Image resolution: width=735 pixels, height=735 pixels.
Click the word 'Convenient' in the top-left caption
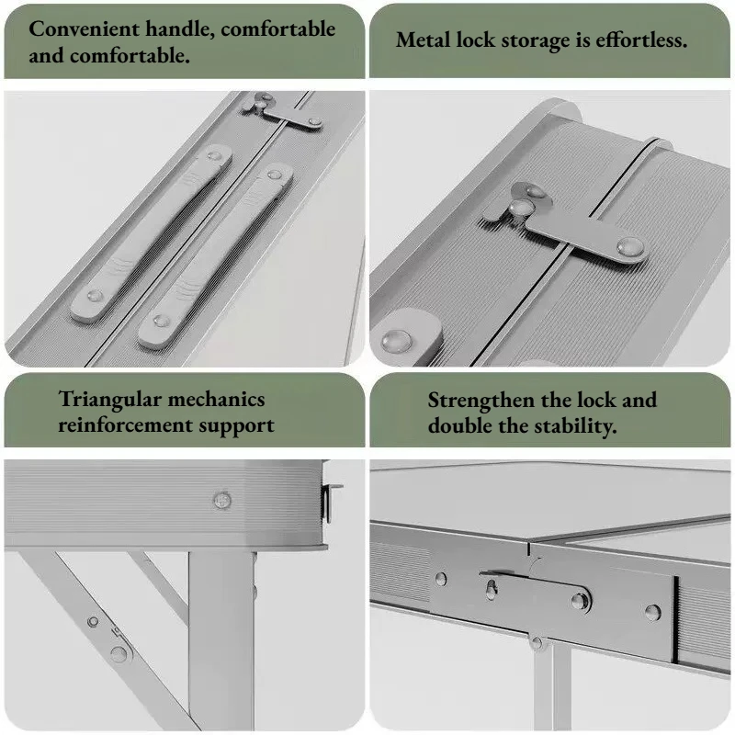pos(85,29)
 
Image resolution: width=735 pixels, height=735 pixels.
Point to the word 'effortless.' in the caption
pos(641,40)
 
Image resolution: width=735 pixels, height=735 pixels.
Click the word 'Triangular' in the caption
pos(109,400)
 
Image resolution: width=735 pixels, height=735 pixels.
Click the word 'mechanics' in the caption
pos(216,400)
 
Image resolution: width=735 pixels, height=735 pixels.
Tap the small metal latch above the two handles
pos(283,112)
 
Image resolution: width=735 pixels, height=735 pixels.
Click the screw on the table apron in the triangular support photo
pos(222,500)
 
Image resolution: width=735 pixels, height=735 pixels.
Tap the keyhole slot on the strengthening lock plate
pos(492,589)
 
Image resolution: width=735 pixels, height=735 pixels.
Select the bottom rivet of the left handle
pos(95,296)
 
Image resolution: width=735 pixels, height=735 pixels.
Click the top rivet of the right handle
pos(273,175)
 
